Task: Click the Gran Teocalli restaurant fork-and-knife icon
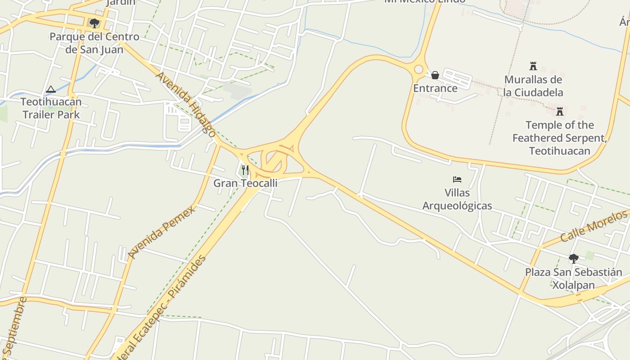tap(245, 170)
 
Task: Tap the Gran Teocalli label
tap(245, 183)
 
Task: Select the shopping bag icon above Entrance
tap(435, 75)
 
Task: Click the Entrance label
tap(435, 88)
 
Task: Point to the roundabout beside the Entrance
tap(419, 69)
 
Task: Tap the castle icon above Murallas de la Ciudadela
tap(533, 67)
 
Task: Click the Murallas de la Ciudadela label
tap(533, 86)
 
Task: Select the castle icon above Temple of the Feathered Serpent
tap(560, 112)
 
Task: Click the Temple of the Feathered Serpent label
tap(560, 138)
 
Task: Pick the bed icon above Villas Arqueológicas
tap(457, 180)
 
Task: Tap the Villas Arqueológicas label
tap(457, 199)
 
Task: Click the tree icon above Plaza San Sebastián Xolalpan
tap(573, 259)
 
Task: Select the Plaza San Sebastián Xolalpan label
tap(574, 279)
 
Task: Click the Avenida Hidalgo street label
tap(186, 103)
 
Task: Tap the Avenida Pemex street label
tap(162, 232)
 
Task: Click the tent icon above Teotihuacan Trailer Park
tap(51, 89)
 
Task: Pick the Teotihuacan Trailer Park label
tap(51, 108)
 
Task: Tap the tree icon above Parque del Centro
tap(94, 23)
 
